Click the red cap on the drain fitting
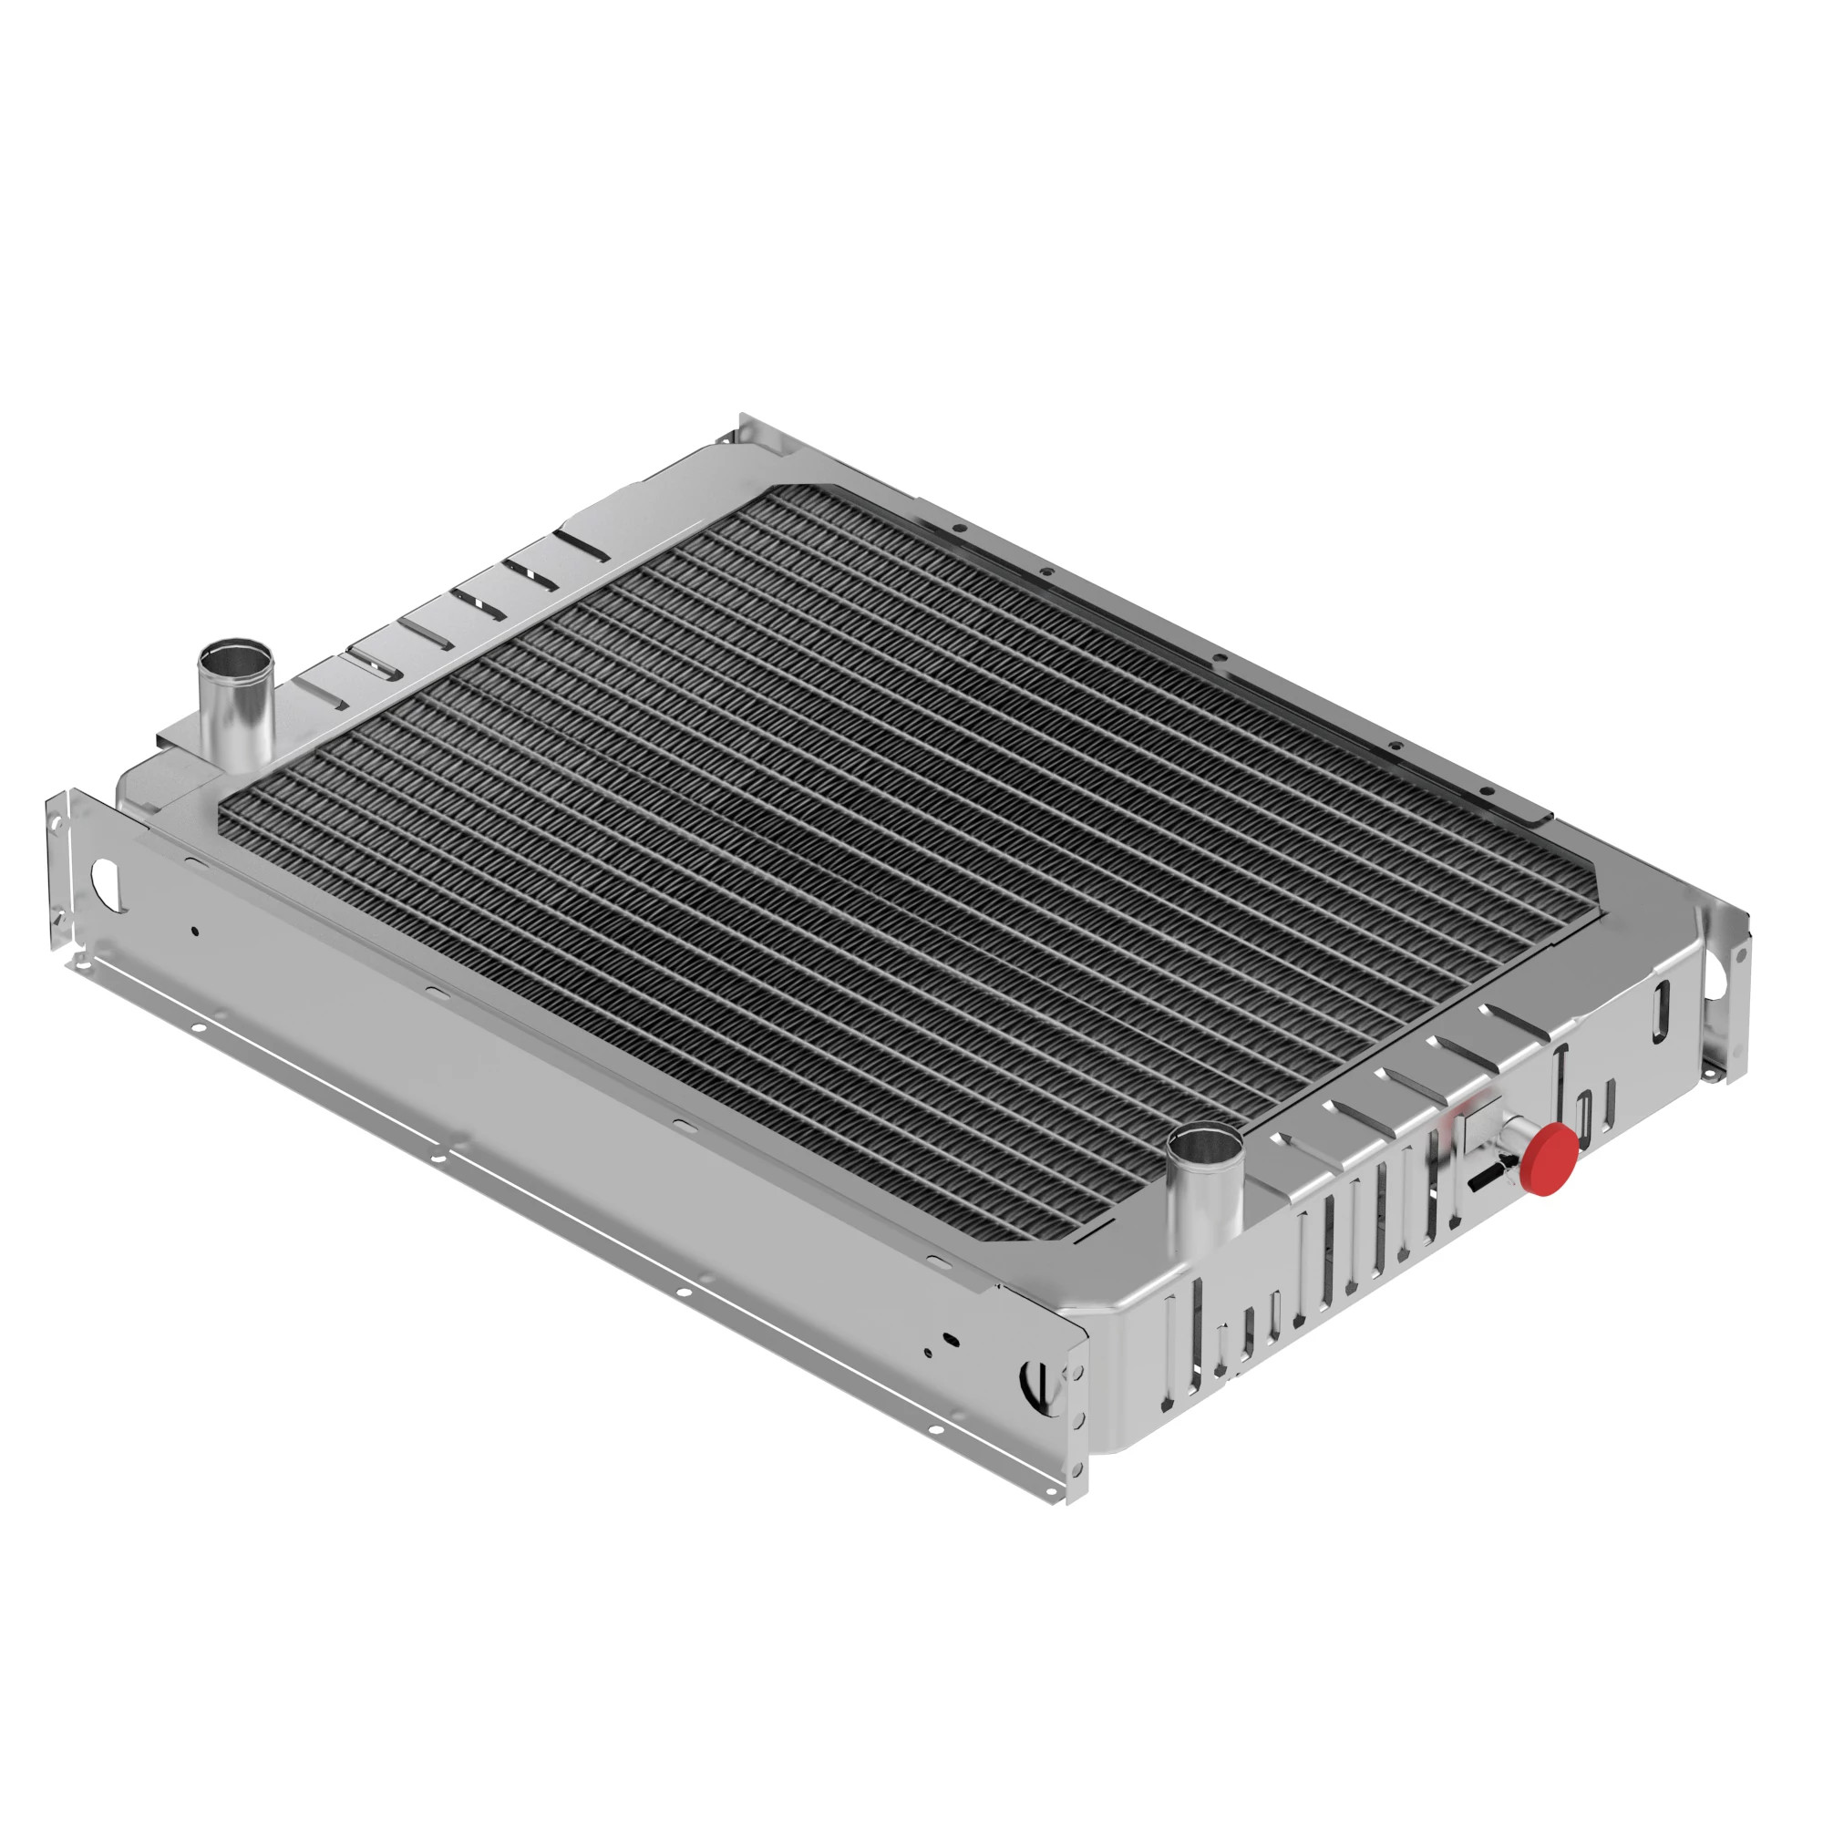click(x=1549, y=1159)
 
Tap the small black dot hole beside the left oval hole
click(x=195, y=932)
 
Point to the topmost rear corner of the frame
click(x=744, y=417)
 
